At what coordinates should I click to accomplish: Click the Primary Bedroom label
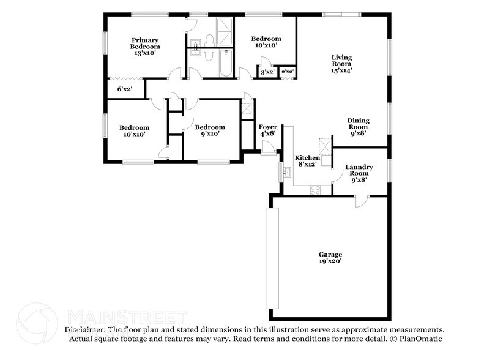145,47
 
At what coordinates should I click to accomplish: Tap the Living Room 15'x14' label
341,64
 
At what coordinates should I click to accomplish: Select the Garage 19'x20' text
330,258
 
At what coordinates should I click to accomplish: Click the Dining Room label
358,127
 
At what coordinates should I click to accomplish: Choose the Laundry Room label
359,173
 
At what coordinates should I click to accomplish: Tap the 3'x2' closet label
267,72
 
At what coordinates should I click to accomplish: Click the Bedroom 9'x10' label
207,130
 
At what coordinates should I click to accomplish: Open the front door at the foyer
267,148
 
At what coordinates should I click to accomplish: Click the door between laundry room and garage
362,201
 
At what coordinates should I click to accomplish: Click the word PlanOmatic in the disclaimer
420,339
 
